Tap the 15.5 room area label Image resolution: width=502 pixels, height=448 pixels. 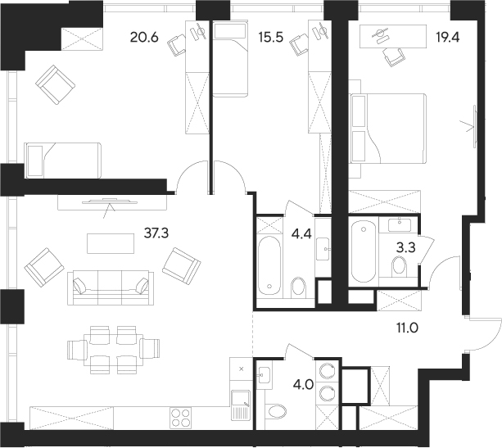270,37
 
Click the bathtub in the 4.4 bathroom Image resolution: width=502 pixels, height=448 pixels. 269,264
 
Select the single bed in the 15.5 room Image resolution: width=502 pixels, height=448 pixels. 230,58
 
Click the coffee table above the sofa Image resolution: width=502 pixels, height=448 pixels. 110,243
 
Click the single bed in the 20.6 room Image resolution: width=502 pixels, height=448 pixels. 63,159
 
